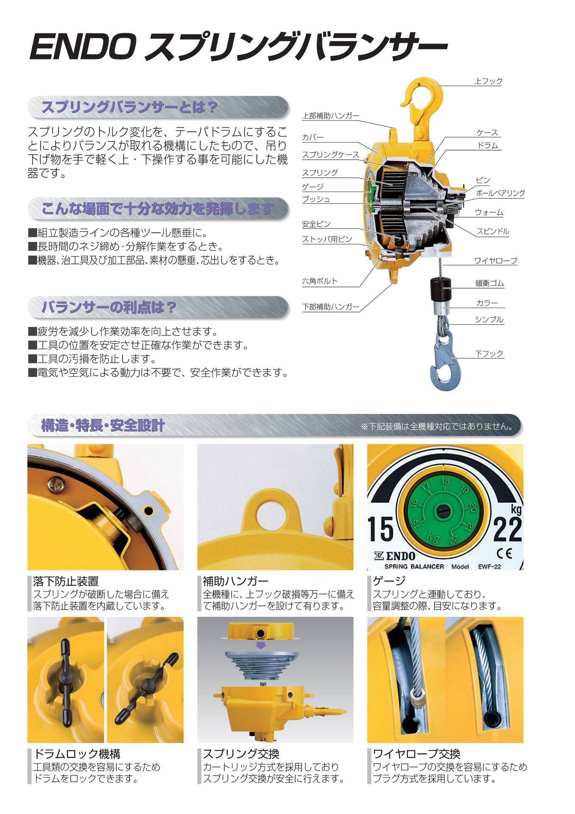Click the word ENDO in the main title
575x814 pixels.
[83, 47]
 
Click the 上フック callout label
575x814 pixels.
[488, 81]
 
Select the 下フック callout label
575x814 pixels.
[489, 354]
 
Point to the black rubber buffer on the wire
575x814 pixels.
[441, 289]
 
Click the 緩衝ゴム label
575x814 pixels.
[489, 283]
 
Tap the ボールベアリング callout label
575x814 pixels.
[500, 193]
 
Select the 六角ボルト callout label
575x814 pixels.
[319, 281]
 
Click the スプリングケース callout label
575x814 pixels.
[330, 155]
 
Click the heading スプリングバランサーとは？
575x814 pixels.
[129, 107]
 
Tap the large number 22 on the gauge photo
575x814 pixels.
[507, 530]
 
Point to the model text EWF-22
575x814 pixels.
[489, 566]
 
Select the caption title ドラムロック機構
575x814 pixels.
[77, 754]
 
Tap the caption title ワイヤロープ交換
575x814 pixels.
[416, 754]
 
